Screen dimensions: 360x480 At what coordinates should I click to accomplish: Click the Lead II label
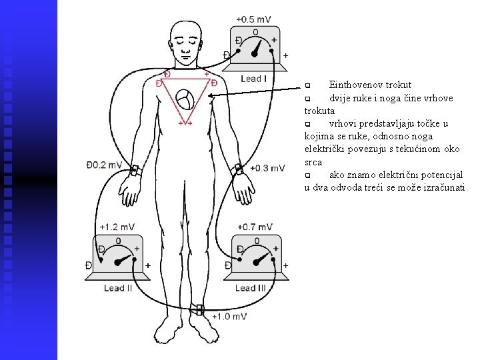[x=118, y=288]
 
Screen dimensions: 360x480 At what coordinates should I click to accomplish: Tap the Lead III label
[x=251, y=288]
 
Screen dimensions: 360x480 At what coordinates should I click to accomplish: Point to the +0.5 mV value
[x=253, y=19]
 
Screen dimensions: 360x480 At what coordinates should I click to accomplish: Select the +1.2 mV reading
[x=115, y=227]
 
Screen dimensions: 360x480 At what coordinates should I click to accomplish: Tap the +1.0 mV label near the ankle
[x=229, y=316]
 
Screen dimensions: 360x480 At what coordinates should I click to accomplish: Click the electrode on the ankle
[x=199, y=309]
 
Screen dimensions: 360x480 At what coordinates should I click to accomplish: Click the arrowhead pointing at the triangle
[x=211, y=96]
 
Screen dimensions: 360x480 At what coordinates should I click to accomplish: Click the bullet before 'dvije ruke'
[x=308, y=99]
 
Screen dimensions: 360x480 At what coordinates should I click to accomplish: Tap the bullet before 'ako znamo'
[x=308, y=175]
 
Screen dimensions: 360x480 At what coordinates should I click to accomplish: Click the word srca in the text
[x=313, y=161]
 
